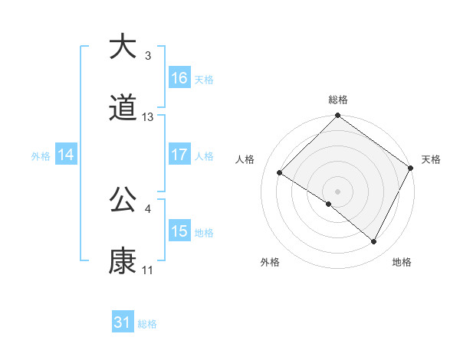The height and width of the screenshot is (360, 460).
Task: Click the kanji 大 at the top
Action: pos(123,47)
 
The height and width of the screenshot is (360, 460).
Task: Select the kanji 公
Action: pos(123,201)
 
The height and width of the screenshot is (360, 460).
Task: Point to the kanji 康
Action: pos(123,262)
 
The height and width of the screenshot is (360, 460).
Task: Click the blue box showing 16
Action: pos(179,77)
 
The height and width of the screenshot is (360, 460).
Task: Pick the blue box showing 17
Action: pos(179,154)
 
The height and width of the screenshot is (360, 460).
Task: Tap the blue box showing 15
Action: pos(179,231)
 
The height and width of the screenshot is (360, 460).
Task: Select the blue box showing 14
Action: pos(66,155)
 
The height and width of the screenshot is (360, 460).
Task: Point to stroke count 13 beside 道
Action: pos(148,117)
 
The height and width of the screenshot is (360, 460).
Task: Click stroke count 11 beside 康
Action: pos(148,270)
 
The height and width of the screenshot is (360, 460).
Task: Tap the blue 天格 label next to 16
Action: pos(204,79)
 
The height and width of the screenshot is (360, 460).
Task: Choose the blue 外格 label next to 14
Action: pos(41,155)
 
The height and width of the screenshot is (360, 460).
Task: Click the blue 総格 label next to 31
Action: pos(147,324)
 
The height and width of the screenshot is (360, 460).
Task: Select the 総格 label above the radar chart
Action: pos(338,100)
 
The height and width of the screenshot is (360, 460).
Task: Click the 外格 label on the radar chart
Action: pos(270,262)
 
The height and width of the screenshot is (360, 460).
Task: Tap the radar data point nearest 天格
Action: pos(411,168)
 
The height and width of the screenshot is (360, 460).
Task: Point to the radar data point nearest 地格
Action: pos(374,242)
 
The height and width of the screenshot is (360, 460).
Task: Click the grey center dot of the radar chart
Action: pos(338,191)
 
